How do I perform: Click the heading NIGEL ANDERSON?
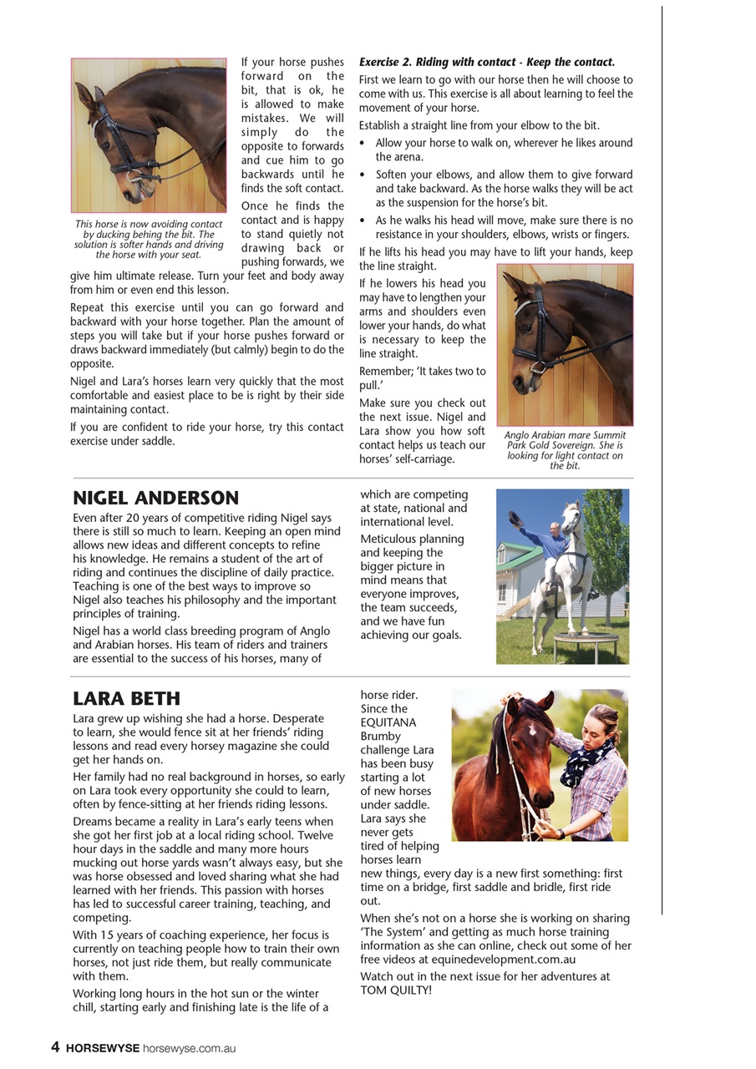click(x=155, y=499)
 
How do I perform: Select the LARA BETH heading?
click(x=126, y=699)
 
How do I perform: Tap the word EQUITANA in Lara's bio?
click(x=388, y=722)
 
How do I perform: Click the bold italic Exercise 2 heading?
click(x=486, y=63)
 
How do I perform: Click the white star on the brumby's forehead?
click(x=530, y=729)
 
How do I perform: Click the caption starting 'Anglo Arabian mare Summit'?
click(x=565, y=450)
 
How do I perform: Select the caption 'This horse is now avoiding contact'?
click(x=149, y=239)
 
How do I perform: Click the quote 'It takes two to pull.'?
click(x=422, y=378)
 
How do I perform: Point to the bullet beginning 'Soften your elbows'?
click(x=503, y=189)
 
